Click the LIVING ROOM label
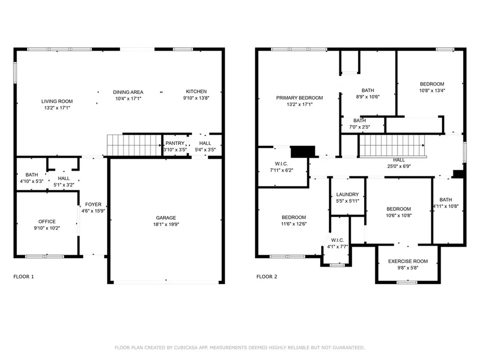click(x=57, y=101)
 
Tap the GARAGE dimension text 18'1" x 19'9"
click(x=166, y=225)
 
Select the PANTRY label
click(x=175, y=143)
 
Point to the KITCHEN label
click(x=196, y=91)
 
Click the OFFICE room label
click(x=47, y=222)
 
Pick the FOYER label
click(x=93, y=204)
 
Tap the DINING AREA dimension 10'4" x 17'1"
click(x=128, y=98)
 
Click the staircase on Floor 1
click(x=134, y=145)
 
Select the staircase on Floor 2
click(x=392, y=146)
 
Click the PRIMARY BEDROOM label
click(x=300, y=98)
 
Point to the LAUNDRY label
click(x=347, y=195)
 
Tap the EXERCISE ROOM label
click(x=408, y=262)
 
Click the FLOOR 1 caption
click(x=23, y=277)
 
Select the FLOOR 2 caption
click(x=267, y=277)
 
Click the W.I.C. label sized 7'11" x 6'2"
click(x=281, y=164)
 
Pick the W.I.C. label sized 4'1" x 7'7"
click(x=337, y=240)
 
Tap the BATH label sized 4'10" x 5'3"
click(x=32, y=175)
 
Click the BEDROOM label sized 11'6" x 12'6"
click(x=294, y=217)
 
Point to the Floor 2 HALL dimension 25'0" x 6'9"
click(x=399, y=166)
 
